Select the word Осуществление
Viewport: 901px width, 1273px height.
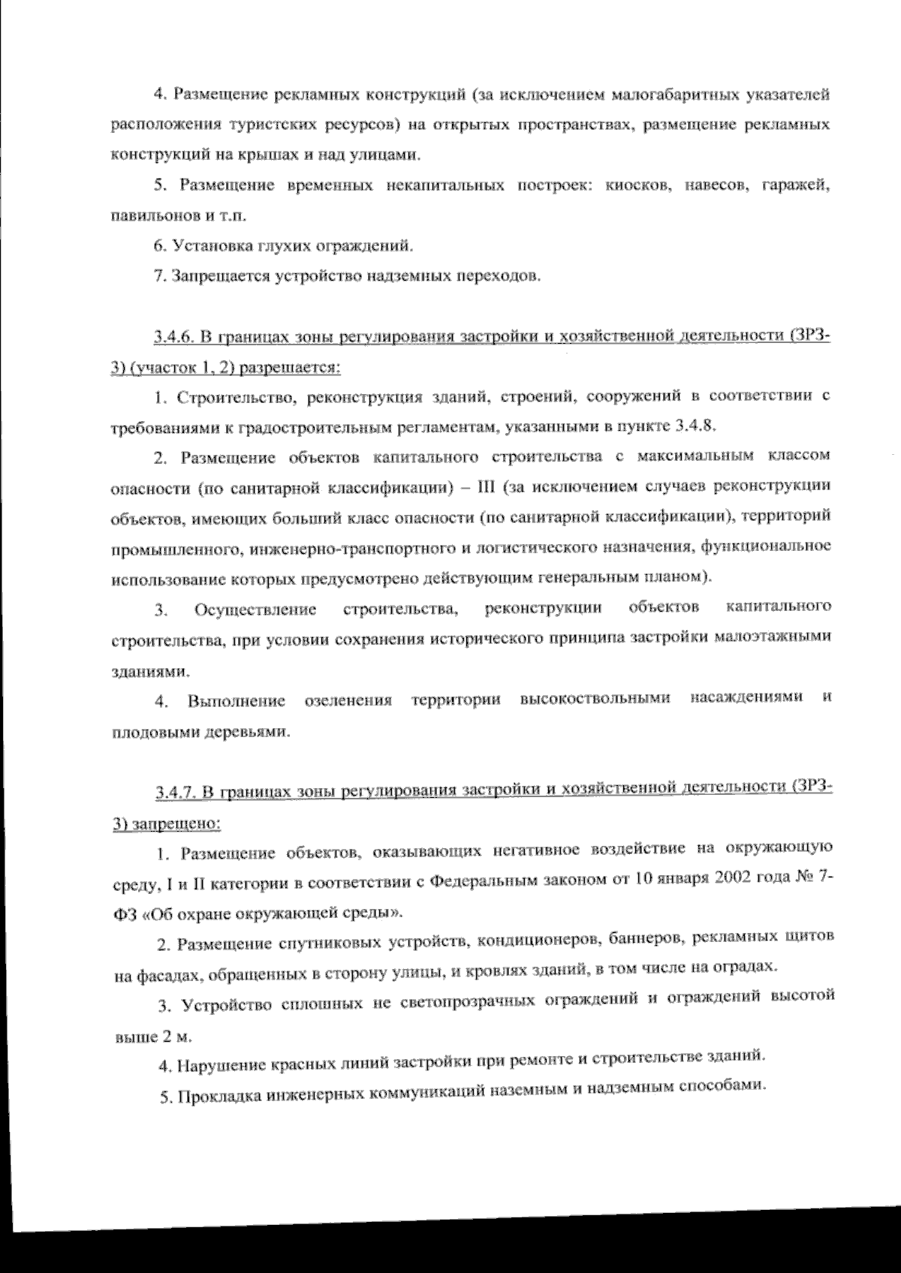(255, 609)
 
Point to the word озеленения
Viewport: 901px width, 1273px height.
(349, 701)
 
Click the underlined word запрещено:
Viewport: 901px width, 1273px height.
(177, 824)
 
